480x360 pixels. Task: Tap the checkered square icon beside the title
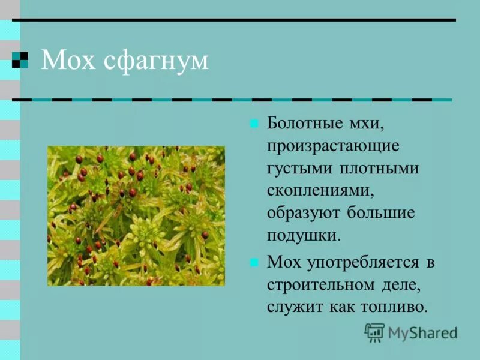[20, 60]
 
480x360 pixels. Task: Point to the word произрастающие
[333, 146]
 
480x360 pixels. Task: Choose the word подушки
[304, 235]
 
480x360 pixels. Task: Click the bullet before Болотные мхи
[254, 125]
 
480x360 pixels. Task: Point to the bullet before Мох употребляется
[254, 262]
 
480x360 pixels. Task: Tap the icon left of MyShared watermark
[374, 332]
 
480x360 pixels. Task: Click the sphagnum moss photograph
[136, 216]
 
